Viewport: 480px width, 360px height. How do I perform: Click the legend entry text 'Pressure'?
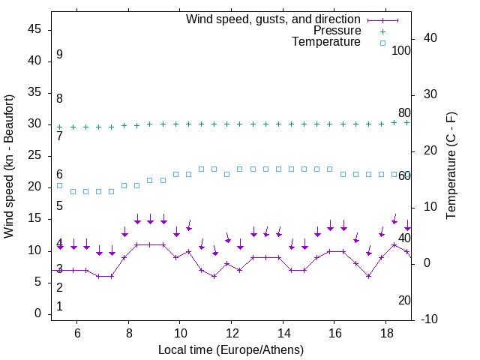pos(337,31)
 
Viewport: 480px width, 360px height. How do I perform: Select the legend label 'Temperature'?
pos(326,42)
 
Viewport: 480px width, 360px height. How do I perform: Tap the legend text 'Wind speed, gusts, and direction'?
pos(274,19)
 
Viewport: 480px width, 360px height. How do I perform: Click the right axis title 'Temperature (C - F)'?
pos(451,166)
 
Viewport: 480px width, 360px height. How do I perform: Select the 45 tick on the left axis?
pos(34,29)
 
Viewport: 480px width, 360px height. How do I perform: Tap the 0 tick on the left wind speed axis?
pos(38,313)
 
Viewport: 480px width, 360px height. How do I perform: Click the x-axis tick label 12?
pos(232,334)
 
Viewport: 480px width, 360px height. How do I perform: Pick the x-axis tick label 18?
pos(385,334)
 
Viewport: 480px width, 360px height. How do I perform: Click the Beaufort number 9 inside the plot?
pos(59,55)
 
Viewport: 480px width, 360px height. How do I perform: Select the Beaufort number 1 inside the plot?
pos(59,307)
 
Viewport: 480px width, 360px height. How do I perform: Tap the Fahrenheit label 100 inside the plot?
pos(401,50)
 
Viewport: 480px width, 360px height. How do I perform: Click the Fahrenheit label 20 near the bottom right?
pos(404,300)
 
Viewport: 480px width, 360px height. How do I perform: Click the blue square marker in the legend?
pos(382,43)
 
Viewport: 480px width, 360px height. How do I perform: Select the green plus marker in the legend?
pos(382,31)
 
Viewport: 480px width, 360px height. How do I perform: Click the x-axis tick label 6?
pos(77,334)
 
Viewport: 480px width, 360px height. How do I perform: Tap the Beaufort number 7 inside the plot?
pos(59,136)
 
